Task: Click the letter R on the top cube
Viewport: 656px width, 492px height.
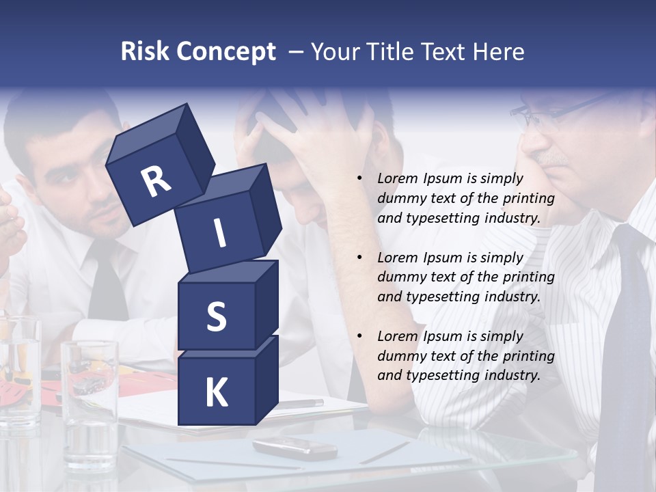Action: (156, 182)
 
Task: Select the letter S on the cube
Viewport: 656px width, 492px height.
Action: (216, 317)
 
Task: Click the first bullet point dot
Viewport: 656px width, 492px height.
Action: (359, 179)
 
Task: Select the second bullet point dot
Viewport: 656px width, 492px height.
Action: (359, 258)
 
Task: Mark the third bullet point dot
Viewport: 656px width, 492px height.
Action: (359, 337)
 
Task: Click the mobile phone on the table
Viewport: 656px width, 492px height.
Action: (295, 448)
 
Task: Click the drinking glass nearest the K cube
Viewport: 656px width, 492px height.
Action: (90, 396)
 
